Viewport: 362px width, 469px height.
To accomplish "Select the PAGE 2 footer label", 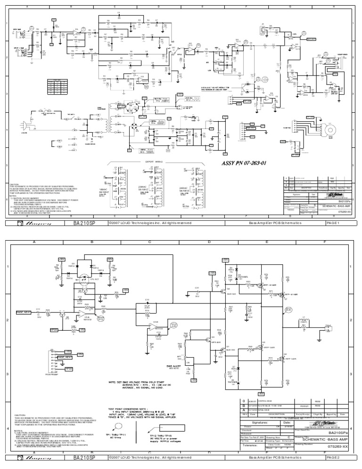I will click(x=331, y=458).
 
